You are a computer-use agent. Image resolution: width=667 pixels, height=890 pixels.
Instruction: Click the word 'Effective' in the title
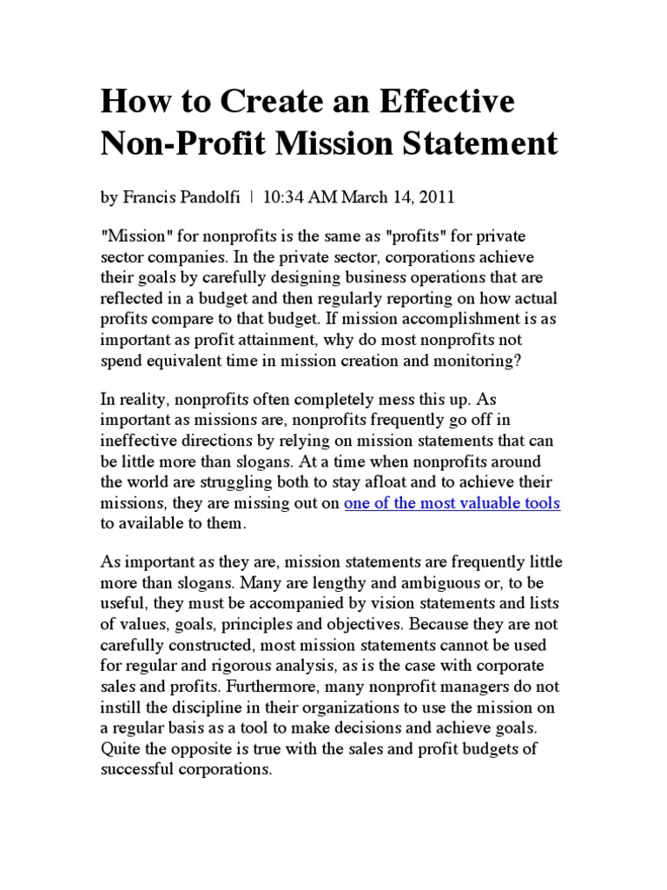click(439, 102)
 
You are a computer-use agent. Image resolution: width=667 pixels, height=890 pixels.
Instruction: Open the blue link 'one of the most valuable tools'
click(452, 503)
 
